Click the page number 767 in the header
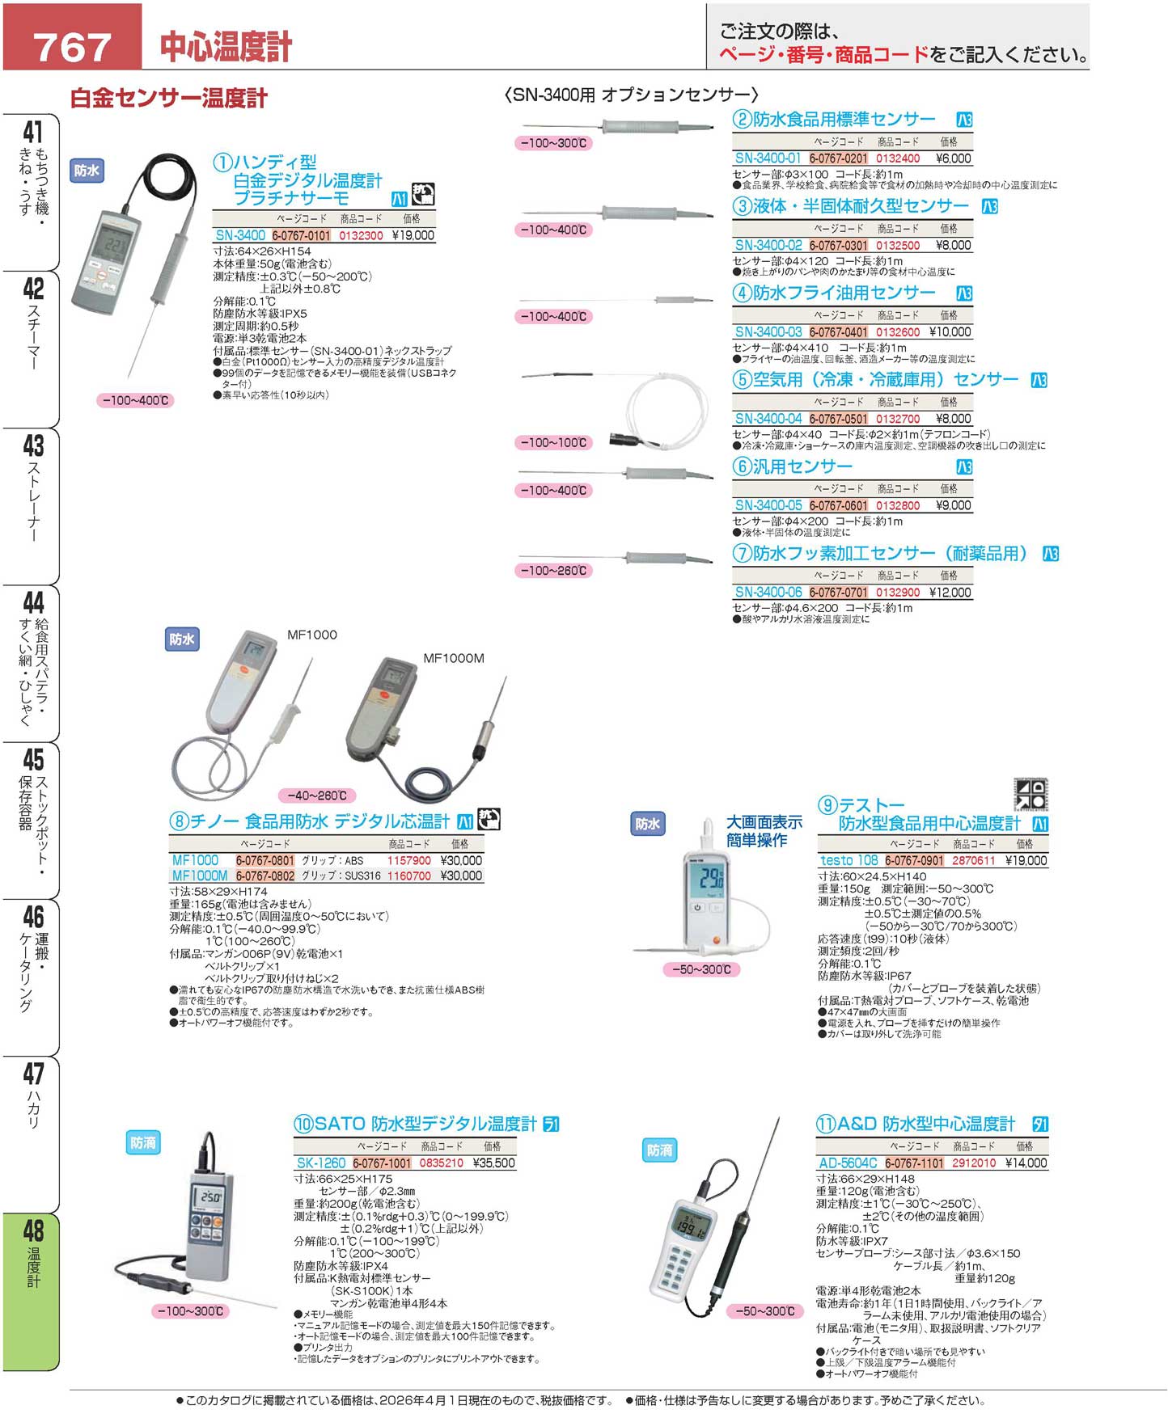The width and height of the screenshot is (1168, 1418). (x=72, y=46)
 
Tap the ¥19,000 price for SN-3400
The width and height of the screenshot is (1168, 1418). (x=413, y=235)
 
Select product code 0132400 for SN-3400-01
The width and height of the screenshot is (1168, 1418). (x=898, y=158)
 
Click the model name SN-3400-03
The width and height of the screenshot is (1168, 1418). (x=768, y=331)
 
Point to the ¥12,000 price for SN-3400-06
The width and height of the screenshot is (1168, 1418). (x=950, y=592)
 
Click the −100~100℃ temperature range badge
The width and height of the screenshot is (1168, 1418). (x=554, y=443)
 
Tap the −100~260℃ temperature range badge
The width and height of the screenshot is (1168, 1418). (x=554, y=571)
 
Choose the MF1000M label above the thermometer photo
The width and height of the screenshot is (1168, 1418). (x=454, y=658)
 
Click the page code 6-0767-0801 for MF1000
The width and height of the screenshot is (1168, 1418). (x=265, y=861)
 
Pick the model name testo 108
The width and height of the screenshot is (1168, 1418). (x=848, y=861)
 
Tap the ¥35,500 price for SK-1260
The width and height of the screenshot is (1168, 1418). (x=493, y=1163)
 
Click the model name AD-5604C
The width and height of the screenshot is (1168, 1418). (x=848, y=1163)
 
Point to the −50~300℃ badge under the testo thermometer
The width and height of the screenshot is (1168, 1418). (x=701, y=969)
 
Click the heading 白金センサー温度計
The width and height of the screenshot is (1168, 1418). (x=168, y=99)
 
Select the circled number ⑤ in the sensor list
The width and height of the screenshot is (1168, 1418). (x=742, y=379)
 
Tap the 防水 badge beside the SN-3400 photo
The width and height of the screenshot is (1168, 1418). (x=87, y=171)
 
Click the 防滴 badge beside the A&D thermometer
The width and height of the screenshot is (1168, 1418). (x=660, y=1150)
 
